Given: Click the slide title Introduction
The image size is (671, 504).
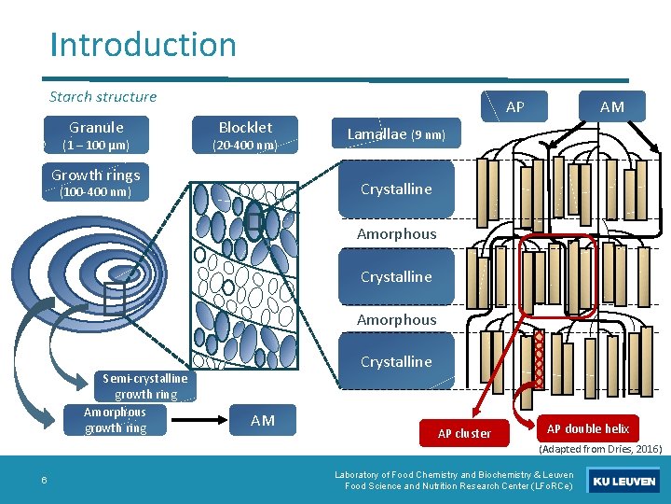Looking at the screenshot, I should click(143, 44).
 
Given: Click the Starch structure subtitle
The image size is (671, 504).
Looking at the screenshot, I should click(103, 96).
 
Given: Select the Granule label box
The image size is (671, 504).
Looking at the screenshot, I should click(96, 134).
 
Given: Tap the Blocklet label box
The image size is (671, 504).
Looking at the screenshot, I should click(245, 134).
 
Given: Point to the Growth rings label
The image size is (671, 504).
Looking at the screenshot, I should click(96, 182).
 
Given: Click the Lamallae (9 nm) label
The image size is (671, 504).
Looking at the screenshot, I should click(396, 134).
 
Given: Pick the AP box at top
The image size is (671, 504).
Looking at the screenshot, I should click(514, 106).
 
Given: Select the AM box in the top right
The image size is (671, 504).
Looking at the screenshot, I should click(611, 106).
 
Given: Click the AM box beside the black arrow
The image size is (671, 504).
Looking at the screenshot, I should click(263, 420).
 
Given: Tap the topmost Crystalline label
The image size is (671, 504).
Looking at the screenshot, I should click(396, 189).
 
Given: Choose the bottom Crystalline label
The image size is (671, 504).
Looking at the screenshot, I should click(396, 361).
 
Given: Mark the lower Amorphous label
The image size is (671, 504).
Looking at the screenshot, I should click(396, 319).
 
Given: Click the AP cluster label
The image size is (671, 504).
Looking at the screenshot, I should click(464, 433).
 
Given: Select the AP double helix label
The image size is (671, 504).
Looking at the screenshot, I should click(587, 428).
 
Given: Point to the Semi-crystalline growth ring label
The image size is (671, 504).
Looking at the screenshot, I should click(144, 385).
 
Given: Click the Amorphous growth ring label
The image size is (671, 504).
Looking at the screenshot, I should click(116, 420).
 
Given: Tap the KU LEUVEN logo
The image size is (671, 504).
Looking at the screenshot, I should click(623, 482).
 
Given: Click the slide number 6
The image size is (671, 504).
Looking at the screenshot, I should click(44, 481).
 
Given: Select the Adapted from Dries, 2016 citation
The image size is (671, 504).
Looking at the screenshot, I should click(599, 449).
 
